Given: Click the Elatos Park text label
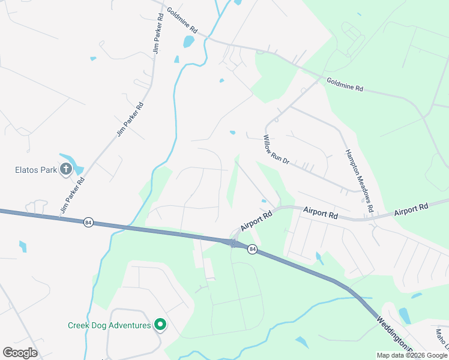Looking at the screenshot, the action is click(35, 170).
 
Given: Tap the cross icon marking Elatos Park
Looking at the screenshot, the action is click(65, 170).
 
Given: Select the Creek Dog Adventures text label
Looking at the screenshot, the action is click(109, 325).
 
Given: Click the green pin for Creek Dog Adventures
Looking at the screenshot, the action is click(160, 325).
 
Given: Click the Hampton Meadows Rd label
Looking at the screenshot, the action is click(359, 181).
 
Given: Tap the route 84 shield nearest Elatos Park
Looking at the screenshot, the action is click(89, 222).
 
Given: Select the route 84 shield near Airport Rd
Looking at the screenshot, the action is click(253, 249).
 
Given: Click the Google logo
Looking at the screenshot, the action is click(20, 353).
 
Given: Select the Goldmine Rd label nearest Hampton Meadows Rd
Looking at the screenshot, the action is click(345, 84).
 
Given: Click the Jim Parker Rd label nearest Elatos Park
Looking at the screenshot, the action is click(73, 196).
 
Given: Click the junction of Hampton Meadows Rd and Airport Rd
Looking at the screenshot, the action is click(371, 219).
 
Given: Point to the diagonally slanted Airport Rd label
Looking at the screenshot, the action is click(257, 220).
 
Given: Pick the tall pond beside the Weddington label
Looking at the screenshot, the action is click(405, 316).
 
